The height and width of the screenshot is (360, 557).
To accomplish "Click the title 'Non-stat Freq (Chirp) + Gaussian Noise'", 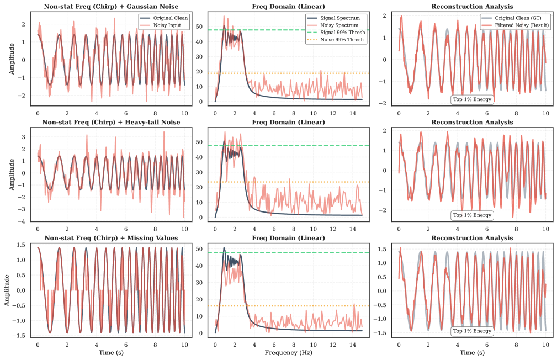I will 110,7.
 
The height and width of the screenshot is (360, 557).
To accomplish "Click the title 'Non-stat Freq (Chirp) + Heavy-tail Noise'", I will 110,122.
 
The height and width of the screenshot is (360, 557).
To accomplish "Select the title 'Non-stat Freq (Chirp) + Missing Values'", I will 110,237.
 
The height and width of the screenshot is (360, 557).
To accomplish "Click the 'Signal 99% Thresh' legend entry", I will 342,33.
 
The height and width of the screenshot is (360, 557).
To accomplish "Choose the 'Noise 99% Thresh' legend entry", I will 342,40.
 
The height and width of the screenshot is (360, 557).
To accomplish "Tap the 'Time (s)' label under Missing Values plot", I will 110,352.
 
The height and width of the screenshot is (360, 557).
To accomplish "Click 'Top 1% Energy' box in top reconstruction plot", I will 472,100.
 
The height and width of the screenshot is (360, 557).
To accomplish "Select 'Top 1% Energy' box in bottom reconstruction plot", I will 472,331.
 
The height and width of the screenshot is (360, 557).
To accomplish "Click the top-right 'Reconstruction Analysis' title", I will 472,7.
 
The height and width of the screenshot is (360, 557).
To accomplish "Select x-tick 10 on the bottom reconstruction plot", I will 545,343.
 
